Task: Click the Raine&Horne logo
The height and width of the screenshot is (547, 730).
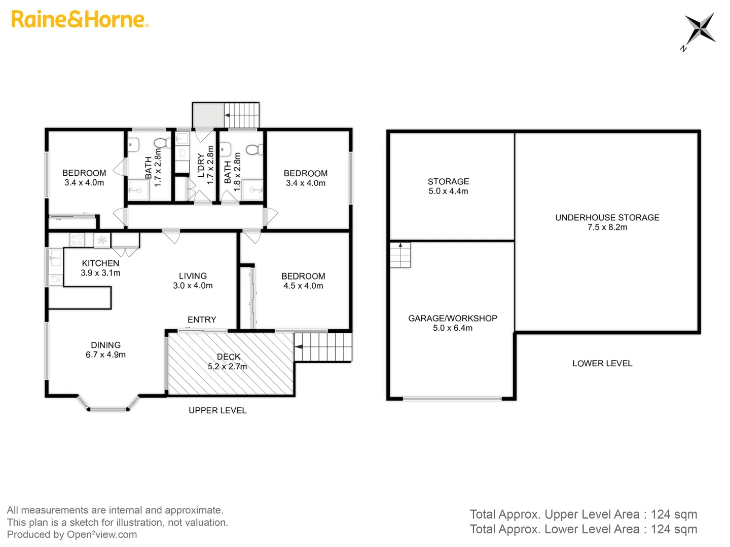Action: (80, 20)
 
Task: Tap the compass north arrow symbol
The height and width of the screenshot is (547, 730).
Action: (700, 30)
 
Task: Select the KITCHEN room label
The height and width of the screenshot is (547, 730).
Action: (100, 263)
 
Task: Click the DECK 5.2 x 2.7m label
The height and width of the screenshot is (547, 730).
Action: (228, 362)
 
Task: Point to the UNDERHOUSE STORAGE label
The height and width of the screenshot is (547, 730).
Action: (607, 218)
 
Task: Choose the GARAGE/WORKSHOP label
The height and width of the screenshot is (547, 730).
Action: (452, 319)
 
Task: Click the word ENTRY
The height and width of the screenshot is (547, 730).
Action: (202, 320)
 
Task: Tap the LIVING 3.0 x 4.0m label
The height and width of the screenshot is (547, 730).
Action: (193, 281)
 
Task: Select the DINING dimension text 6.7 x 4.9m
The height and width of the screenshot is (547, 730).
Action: (105, 355)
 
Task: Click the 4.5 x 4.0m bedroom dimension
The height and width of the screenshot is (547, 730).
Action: (303, 286)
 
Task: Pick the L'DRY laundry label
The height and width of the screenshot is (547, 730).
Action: (201, 165)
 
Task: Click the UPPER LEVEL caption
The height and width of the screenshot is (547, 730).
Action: (217, 410)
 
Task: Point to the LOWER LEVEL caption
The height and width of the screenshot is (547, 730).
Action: (602, 363)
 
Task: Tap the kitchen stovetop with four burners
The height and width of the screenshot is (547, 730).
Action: (77, 240)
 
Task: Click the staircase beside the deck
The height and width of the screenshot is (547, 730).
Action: (323, 347)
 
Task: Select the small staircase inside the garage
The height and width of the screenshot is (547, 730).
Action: (400, 255)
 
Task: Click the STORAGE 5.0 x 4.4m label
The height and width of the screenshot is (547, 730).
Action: (448, 186)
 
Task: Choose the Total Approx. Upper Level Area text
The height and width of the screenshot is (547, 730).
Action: (583, 515)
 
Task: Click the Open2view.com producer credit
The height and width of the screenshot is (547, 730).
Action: (72, 534)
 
